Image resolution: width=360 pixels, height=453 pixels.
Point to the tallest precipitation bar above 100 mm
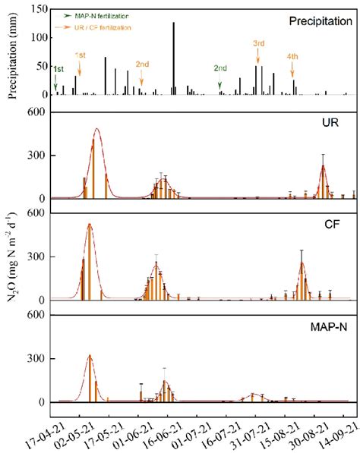point(173,58)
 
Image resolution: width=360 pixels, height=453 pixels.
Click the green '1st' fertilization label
point(58,69)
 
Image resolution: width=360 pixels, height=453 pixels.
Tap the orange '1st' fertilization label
point(80,55)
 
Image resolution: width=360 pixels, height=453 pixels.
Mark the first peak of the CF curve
point(89,225)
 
